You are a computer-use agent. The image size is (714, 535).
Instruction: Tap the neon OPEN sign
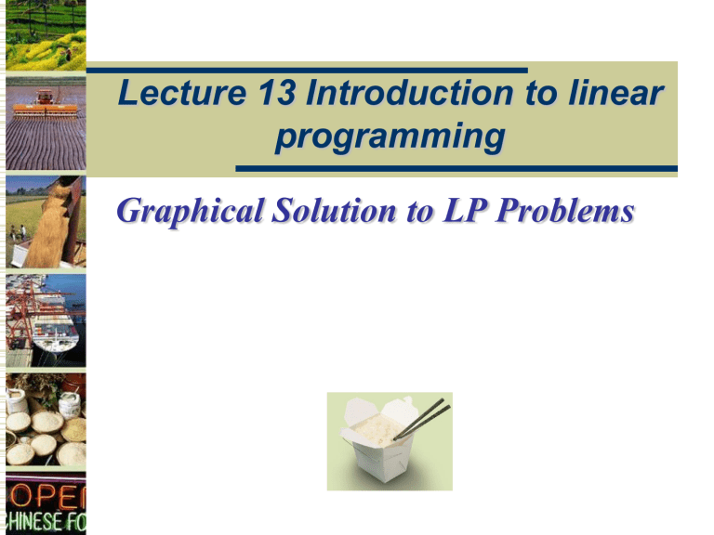[x=45, y=492]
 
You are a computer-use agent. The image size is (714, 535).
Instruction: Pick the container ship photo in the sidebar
[x=45, y=320]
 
